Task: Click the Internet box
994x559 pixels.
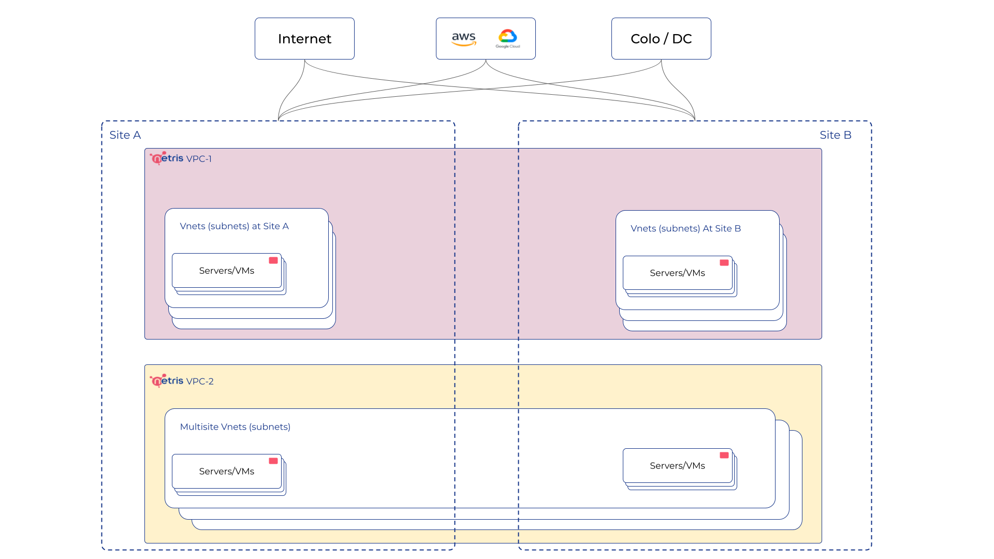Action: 304,39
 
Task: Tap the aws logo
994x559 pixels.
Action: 464,38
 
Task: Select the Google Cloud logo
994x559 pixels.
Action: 508,38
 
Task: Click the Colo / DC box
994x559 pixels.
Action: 661,39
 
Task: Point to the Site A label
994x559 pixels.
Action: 125,135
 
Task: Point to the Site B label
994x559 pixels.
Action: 835,135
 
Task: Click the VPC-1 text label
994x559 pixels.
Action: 199,159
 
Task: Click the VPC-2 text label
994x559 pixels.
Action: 200,381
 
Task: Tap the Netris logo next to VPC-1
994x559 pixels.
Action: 167,158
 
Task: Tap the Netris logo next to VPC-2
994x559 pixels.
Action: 167,380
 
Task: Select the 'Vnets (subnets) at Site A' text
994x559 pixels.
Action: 234,226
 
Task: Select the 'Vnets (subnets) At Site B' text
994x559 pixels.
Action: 685,228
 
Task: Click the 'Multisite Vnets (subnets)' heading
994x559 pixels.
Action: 235,427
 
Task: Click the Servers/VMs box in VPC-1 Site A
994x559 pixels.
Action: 227,271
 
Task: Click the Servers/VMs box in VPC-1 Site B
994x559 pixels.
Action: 677,273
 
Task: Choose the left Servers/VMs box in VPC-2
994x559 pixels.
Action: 227,472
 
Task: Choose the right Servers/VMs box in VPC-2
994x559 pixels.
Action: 677,466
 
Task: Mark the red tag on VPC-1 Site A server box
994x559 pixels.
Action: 273,260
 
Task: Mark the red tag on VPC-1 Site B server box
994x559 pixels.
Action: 724,263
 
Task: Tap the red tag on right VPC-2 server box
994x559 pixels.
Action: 724,455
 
